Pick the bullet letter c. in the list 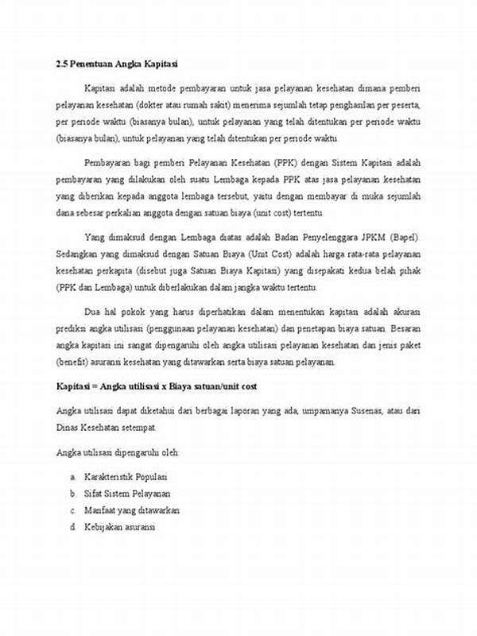(72, 510)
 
